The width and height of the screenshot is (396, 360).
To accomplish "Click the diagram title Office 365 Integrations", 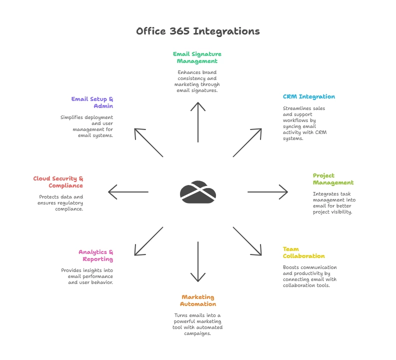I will click(x=198, y=31).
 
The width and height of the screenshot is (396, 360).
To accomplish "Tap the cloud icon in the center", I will click(x=198, y=192).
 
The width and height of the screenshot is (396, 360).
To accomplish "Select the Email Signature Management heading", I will click(x=197, y=57).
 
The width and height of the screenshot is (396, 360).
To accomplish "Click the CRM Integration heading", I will click(x=308, y=96).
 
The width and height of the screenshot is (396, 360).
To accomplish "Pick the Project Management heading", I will click(x=333, y=179).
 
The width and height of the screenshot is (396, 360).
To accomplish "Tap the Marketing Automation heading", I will click(x=198, y=300).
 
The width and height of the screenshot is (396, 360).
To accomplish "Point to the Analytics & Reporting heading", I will click(x=95, y=255).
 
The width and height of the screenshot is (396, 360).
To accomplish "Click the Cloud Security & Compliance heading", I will click(x=58, y=182).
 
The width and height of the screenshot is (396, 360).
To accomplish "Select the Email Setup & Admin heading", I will click(x=92, y=102).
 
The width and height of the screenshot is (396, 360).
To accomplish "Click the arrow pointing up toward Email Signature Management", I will click(x=198, y=122).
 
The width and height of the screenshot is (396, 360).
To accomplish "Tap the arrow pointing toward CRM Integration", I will click(x=247, y=143).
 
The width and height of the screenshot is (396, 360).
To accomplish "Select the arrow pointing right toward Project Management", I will click(x=267, y=192).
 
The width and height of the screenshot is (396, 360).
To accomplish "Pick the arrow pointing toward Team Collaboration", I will click(x=247, y=241).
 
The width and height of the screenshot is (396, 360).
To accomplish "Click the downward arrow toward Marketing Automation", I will click(x=198, y=262).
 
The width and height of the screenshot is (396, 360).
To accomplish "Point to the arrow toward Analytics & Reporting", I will click(x=149, y=241).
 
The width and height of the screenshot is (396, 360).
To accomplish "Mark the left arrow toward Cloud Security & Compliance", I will click(x=128, y=192).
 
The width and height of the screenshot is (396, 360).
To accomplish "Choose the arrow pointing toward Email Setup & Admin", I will click(x=149, y=143).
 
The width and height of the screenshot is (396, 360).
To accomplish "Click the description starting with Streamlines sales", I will click(x=305, y=123).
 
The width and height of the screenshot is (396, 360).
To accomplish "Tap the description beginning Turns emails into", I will click(x=198, y=324).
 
